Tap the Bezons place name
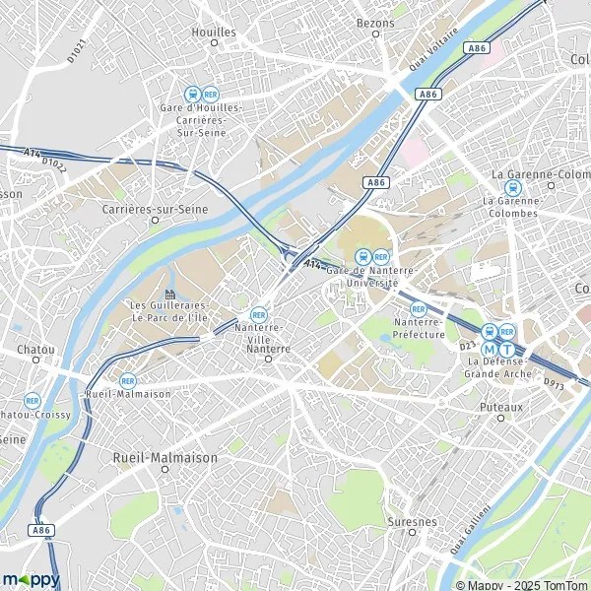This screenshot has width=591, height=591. (x=375, y=21)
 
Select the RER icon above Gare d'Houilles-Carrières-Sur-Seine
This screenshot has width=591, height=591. (x=210, y=94)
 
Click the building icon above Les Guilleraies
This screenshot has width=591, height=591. (x=169, y=294)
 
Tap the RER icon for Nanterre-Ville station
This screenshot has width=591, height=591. (x=259, y=314)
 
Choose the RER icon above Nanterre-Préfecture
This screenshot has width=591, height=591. (x=418, y=308)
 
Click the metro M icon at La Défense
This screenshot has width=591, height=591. (x=490, y=348)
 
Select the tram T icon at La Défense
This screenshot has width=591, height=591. (x=507, y=348)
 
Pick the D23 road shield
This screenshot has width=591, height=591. (x=467, y=346)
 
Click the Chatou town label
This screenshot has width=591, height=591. (x=35, y=349)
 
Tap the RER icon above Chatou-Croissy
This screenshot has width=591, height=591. (x=33, y=400)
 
